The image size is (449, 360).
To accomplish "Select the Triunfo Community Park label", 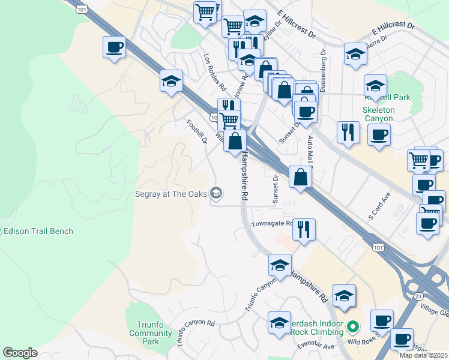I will click(x=142, y=332).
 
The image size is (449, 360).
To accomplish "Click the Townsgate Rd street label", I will click(x=272, y=224).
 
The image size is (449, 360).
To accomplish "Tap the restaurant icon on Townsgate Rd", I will click(x=304, y=229).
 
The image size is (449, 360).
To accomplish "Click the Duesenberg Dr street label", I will click(x=322, y=72).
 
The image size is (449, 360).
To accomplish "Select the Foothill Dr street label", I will click(x=196, y=132).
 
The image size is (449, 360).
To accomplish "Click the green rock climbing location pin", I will click(x=354, y=327).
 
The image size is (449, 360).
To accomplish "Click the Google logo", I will click(x=20, y=353).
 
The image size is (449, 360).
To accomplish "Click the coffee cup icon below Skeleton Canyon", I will click(x=379, y=135).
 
